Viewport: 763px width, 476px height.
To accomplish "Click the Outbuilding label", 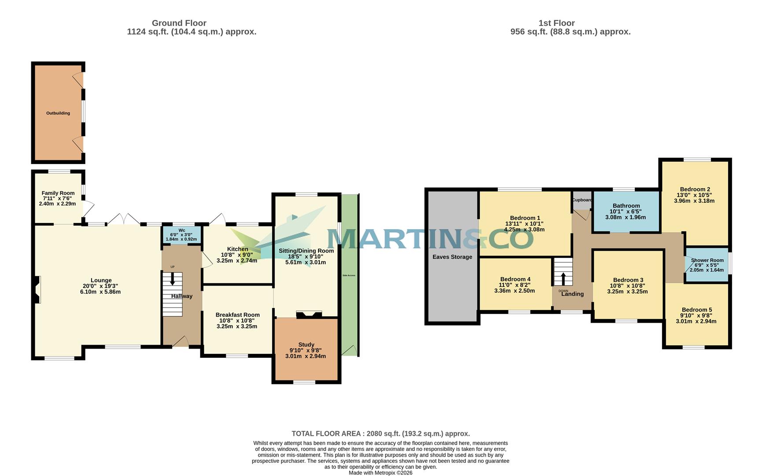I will pyautogui.click(x=58, y=113).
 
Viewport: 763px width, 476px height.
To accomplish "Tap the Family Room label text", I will pyautogui.click(x=58, y=193).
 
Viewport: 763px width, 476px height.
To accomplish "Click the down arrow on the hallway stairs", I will pyautogui.click(x=172, y=279).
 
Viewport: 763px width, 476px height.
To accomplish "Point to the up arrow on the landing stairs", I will pyautogui.click(x=563, y=279).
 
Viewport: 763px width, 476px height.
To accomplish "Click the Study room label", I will pyautogui.click(x=306, y=345).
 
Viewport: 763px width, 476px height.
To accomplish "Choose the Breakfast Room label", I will pyautogui.click(x=237, y=315).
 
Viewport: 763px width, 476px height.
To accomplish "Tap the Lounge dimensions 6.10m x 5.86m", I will pyautogui.click(x=101, y=292).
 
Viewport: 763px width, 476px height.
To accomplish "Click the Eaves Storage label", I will pyautogui.click(x=452, y=257).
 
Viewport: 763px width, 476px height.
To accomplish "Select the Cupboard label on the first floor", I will pyautogui.click(x=582, y=200).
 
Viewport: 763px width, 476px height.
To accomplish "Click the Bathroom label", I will pyautogui.click(x=626, y=206).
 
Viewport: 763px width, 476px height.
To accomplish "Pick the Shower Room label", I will pyautogui.click(x=707, y=260).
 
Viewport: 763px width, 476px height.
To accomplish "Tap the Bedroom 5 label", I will pyautogui.click(x=696, y=310).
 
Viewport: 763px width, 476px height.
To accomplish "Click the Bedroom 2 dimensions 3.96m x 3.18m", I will pyautogui.click(x=694, y=201).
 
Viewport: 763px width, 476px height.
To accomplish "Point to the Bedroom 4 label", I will pyautogui.click(x=515, y=279).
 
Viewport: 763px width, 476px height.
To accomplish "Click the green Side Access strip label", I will pyautogui.click(x=348, y=275).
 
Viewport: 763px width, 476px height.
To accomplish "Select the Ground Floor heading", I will pyautogui.click(x=179, y=23).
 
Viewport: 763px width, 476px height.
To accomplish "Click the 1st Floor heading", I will pyautogui.click(x=556, y=23).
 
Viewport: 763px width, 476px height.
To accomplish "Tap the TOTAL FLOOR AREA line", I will pyautogui.click(x=381, y=434).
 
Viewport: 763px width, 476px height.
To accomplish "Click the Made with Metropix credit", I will pyautogui.click(x=381, y=472).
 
